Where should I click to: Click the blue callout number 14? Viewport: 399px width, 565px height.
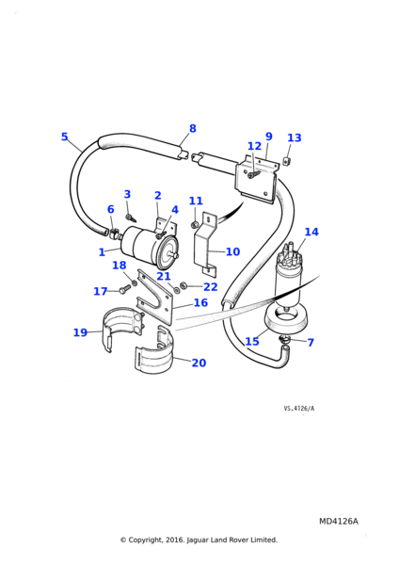click(311, 232)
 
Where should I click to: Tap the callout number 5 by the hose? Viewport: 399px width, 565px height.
click(64, 137)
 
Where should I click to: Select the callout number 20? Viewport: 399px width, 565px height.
click(199, 363)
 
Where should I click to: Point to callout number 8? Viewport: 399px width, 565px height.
click(193, 128)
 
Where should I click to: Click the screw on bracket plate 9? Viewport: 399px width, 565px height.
click(254, 175)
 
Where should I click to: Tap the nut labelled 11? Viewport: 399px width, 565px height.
click(195, 225)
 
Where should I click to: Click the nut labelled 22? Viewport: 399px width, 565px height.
click(183, 285)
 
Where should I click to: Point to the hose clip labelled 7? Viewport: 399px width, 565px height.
click(285, 338)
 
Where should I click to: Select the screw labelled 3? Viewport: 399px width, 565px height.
click(131, 218)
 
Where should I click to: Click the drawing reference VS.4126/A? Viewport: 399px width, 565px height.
click(299, 409)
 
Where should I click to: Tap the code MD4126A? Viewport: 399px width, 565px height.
click(339, 522)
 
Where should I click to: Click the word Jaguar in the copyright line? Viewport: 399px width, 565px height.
click(197, 541)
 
